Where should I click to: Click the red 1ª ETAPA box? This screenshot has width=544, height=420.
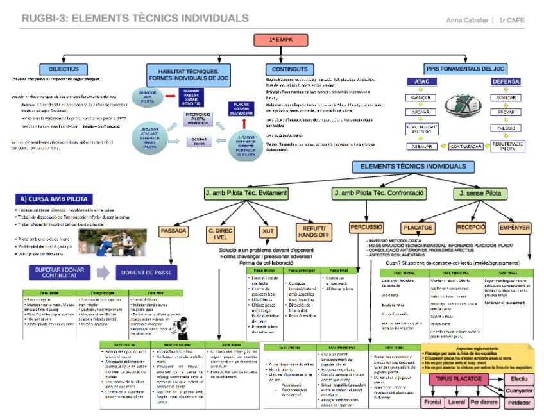pos(281,40)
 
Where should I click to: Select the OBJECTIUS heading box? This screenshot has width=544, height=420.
pos(64,69)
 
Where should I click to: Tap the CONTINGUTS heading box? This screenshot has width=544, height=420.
pos(289,69)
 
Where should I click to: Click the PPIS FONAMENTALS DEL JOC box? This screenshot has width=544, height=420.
pos(465,68)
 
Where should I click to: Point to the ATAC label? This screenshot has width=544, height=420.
pos(422,82)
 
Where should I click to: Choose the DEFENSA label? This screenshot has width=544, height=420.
pos(506,82)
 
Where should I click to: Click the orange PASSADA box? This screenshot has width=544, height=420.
pos(174,230)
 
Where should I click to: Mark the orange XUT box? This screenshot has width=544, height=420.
pos(268,231)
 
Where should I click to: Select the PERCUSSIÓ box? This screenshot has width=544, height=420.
pos(367,227)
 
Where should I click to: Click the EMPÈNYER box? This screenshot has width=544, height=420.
pos(514,227)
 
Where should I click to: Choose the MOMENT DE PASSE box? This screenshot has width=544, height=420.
pos(145,273)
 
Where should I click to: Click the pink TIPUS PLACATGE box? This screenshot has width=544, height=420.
pos(460,379)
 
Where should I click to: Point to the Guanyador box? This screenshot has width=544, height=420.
pos(519,391)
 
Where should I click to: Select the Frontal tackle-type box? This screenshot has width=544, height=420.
pos(432,403)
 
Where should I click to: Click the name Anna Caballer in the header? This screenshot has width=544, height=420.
pos(468,20)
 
